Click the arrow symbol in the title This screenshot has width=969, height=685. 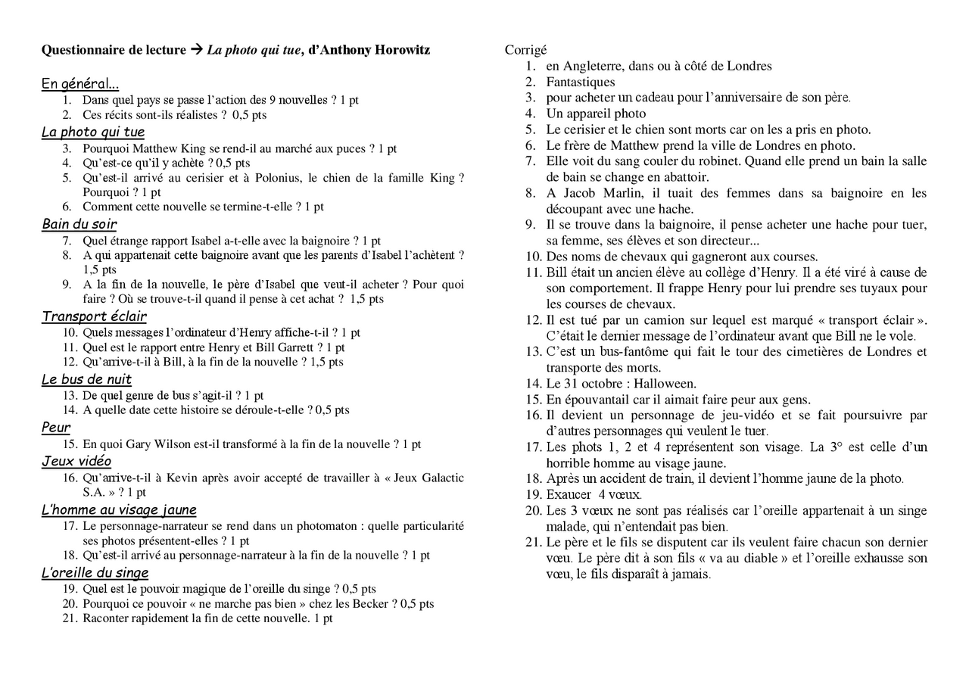pos(196,50)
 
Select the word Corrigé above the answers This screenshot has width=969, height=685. pos(525,50)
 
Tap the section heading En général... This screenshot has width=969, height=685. pos(79,84)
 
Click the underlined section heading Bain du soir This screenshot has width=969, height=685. pos(79,224)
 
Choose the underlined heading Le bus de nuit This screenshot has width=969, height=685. pos(86,379)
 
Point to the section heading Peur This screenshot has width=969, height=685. pos(56,428)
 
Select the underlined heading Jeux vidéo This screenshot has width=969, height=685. pos(76,461)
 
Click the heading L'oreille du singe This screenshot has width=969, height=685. pos(95,573)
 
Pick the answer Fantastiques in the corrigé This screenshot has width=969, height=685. pos(581,82)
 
